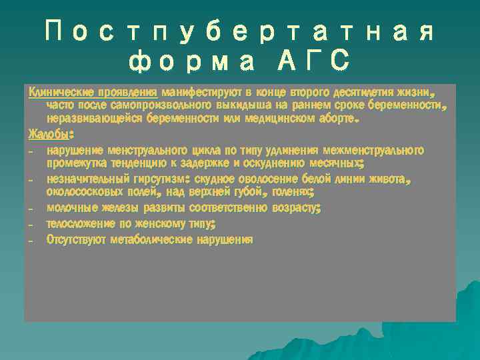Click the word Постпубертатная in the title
240,32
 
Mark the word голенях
291,192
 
